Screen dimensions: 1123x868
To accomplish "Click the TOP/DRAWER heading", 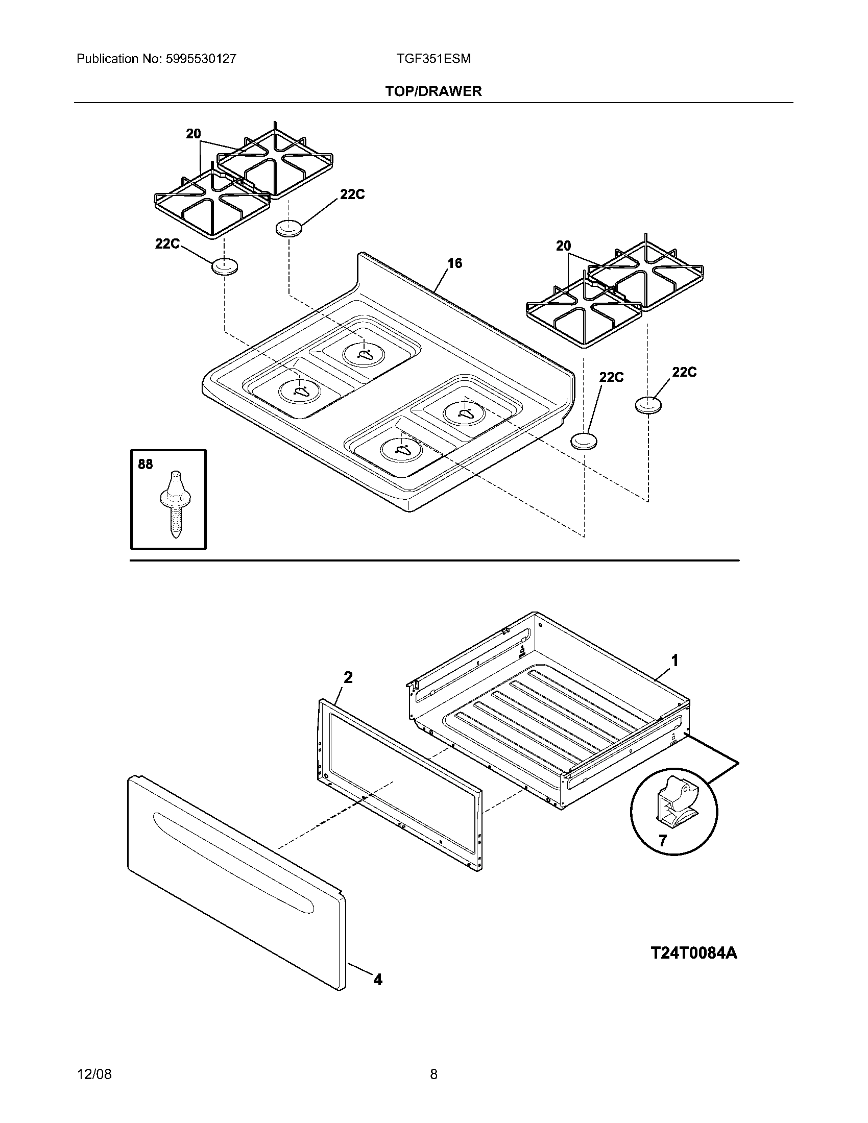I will [433, 91].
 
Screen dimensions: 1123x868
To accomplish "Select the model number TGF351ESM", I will [433, 59].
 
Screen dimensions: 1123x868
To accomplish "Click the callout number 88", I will [146, 465].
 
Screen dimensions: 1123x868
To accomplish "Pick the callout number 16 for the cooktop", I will [454, 263].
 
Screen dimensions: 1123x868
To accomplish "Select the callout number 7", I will [662, 841].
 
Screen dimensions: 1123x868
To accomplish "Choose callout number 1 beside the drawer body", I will [675, 660].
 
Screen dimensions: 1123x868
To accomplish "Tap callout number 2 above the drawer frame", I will [348, 678].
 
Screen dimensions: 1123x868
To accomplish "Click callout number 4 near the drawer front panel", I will [377, 980].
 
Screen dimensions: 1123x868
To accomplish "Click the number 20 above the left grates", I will [194, 134].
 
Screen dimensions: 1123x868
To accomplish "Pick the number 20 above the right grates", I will [564, 246].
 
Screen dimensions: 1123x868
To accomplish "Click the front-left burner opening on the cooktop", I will [299, 392].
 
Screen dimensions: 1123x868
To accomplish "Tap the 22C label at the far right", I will [684, 372].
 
